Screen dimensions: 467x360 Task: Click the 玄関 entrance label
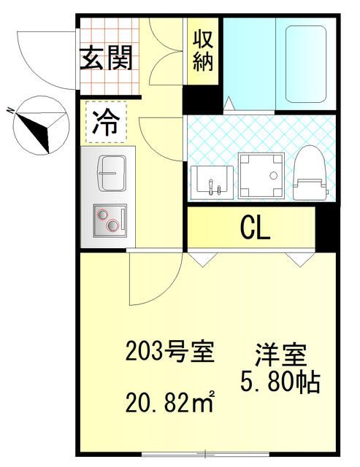106,59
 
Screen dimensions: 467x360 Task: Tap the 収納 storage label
202,50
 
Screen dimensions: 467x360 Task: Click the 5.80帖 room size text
281,382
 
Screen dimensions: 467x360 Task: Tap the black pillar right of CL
326,228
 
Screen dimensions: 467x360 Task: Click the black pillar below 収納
202,99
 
